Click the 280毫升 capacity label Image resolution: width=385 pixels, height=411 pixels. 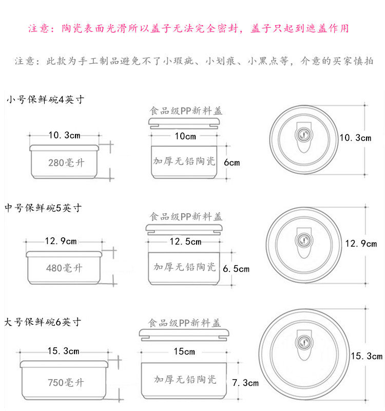64,163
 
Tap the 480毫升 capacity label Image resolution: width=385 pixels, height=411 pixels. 64,268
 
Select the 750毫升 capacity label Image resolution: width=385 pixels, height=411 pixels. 66,383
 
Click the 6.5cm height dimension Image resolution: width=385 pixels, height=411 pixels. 236,269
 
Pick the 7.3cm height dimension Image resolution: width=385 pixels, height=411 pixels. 245,383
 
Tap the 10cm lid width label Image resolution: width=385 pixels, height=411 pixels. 185,137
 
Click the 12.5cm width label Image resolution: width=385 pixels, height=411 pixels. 185,242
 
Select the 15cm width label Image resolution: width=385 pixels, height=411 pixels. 185,352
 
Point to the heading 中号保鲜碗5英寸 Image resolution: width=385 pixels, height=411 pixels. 43,208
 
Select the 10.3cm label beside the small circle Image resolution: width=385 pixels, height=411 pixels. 355,138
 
